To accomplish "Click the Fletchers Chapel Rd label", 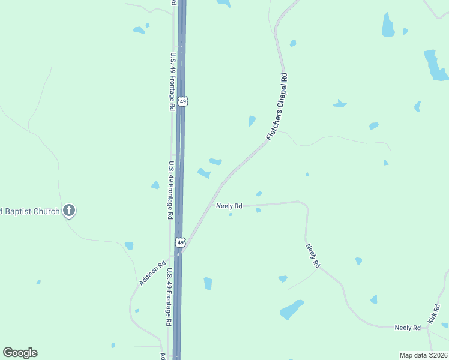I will (277, 107).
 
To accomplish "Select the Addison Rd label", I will (152, 272).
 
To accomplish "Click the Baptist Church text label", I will (30, 211).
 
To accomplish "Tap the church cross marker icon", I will (69, 211).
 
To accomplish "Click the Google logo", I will (20, 353).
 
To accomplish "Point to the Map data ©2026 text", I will (423, 355).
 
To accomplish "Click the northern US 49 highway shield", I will (183, 102).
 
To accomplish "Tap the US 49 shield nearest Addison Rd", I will (180, 242).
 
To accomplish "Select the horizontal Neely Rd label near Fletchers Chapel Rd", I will (229, 206).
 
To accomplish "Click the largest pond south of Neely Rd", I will (292, 309).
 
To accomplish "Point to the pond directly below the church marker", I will (129, 245).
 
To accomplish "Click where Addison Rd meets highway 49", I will (178, 254).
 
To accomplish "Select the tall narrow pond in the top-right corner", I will (388, 25).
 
